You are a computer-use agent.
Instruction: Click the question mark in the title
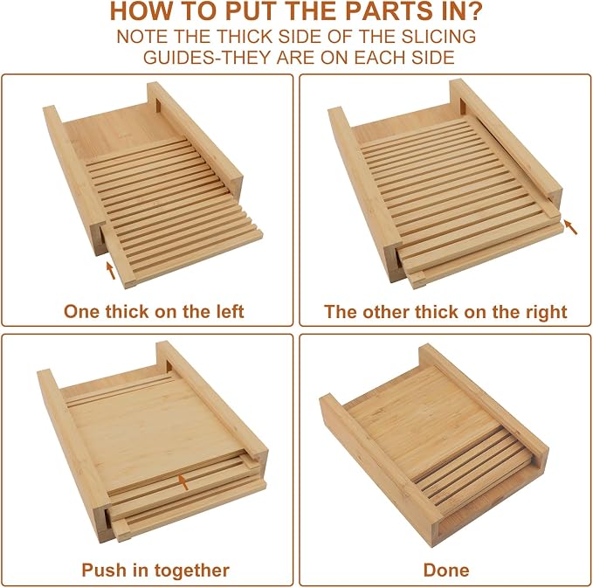474,11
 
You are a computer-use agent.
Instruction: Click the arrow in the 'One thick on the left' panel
110,270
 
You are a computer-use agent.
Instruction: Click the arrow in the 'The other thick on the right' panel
570,227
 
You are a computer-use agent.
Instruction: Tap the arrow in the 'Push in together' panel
183,482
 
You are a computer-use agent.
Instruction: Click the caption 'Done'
446,571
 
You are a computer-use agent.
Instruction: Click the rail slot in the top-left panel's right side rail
158,106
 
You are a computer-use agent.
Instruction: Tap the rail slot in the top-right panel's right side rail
463,107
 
